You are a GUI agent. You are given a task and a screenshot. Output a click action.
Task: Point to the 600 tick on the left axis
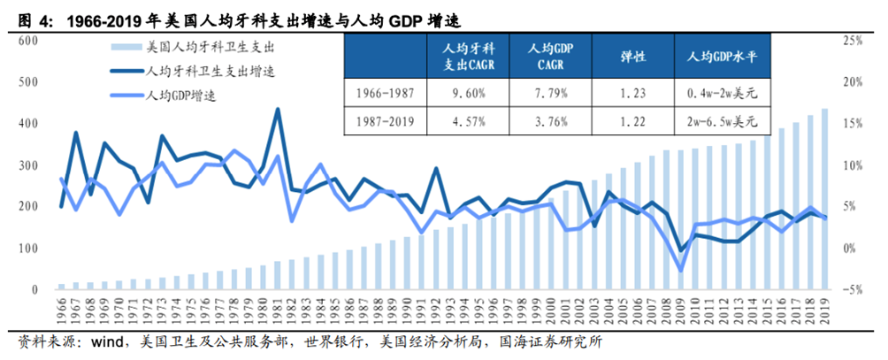tap(26, 41)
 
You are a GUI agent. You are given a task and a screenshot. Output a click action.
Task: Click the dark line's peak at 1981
tap(278, 110)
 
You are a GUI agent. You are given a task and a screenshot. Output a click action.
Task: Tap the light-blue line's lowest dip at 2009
tap(680, 271)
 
